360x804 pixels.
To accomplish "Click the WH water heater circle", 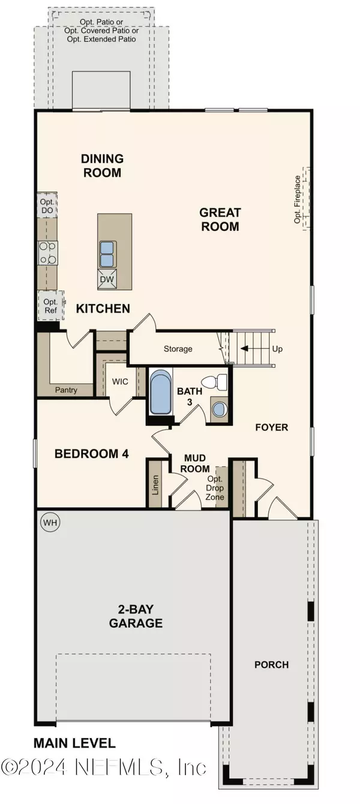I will (50, 523).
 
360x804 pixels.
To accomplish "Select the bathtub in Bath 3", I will (160, 392).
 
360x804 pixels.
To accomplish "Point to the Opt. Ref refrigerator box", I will (50, 306).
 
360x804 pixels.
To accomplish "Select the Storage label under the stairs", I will (178, 349).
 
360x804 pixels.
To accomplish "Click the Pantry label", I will (66, 390).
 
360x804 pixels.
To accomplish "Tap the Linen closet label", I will (155, 482).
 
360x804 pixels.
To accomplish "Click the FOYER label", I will (272, 428).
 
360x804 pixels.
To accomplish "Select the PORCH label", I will (271, 665).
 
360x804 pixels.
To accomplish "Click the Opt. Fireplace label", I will (297, 199).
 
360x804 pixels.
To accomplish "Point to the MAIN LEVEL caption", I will (74, 743).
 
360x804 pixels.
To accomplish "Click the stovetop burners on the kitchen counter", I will (48, 253).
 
